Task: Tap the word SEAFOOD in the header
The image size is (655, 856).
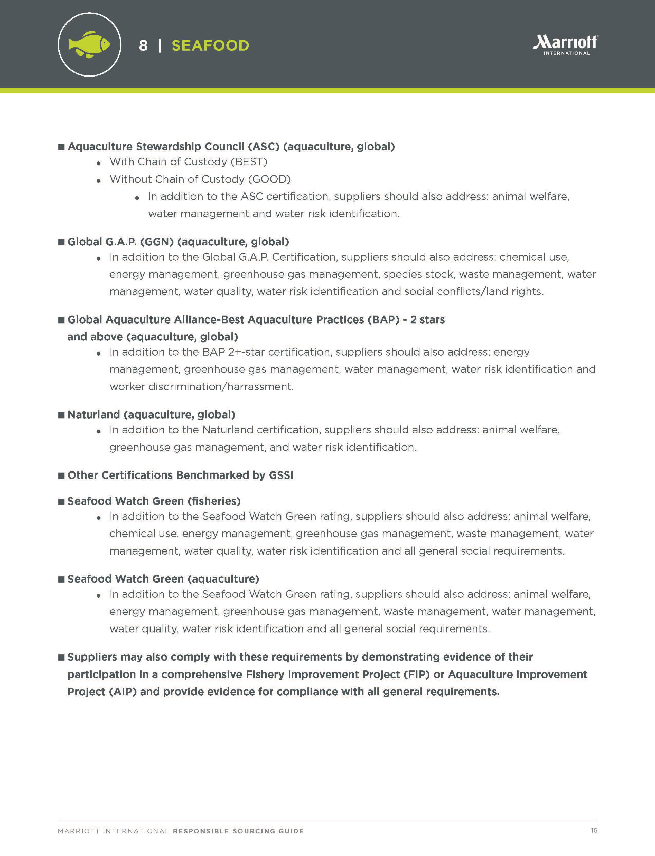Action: coord(210,46)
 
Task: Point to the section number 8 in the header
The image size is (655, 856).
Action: coord(143,46)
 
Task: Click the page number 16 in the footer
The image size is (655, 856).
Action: coord(594,830)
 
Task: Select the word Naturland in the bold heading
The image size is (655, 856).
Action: coord(93,415)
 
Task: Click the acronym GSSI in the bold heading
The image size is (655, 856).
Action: coord(281,475)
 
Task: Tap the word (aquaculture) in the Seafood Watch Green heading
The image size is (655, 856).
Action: coord(223,579)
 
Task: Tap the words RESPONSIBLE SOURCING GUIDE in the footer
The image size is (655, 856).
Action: coord(238,831)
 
